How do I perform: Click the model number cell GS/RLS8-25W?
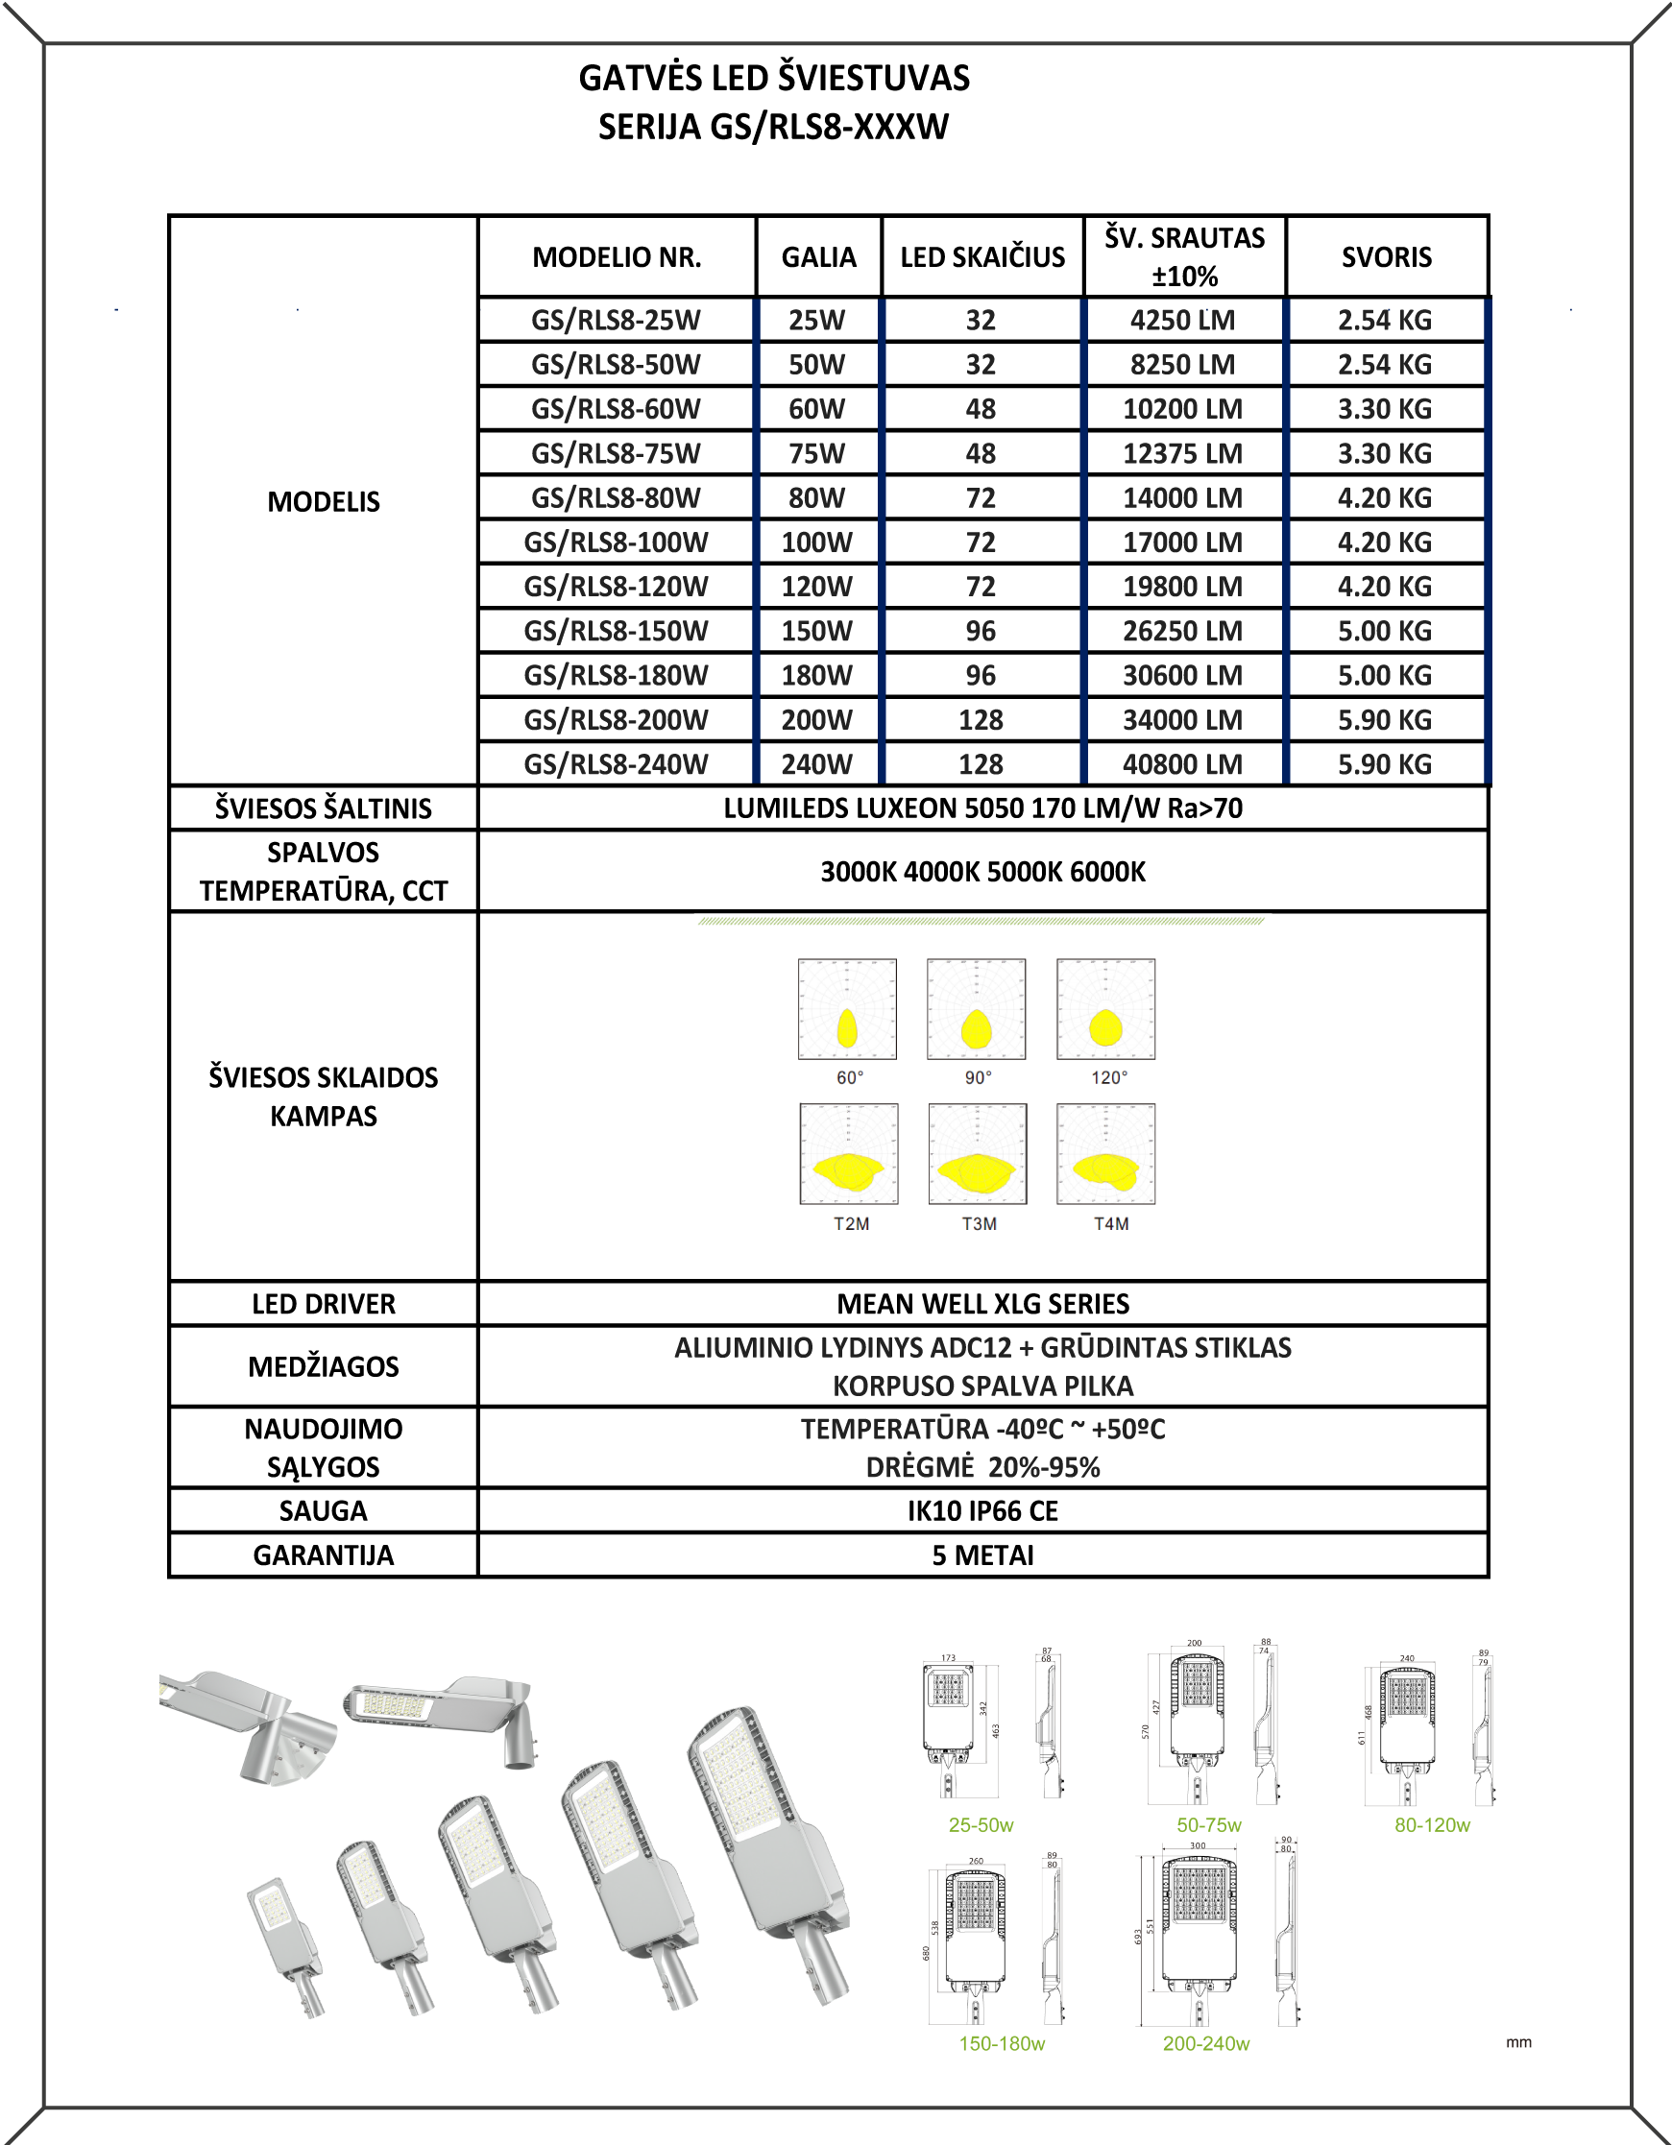(x=616, y=320)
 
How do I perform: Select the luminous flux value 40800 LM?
(x=1183, y=764)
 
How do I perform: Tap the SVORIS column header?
(x=1386, y=257)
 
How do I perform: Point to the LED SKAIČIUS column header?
(x=982, y=257)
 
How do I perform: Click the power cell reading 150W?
(x=816, y=631)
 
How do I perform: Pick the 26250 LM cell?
(x=1183, y=631)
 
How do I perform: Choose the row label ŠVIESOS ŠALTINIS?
(x=324, y=808)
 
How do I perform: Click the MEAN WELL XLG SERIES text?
(x=982, y=1303)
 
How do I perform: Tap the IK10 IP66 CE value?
(x=982, y=1510)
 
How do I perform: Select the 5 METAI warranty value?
(x=982, y=1555)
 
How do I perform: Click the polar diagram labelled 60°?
(x=847, y=1010)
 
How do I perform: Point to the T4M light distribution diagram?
(x=1106, y=1154)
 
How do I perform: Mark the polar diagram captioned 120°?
(x=1106, y=1010)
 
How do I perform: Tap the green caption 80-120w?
(x=1432, y=1825)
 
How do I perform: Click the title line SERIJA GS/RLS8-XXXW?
(x=773, y=127)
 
